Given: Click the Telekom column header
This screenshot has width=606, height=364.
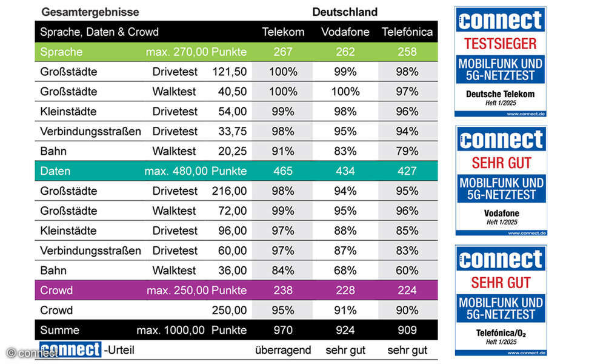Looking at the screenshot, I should (283, 32).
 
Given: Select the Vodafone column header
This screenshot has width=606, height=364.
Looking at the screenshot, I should (345, 32).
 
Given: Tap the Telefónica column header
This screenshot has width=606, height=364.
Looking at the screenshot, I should (407, 32).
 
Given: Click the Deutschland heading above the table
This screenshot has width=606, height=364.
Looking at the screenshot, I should (345, 12).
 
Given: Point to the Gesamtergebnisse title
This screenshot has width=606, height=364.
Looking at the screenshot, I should (90, 12).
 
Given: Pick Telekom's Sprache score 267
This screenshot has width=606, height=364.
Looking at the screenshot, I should (283, 52).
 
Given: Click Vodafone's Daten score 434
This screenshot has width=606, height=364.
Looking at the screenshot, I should (345, 171).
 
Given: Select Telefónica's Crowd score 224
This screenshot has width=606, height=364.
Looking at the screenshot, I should (407, 291).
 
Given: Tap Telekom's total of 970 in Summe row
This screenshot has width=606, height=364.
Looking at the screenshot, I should (283, 330).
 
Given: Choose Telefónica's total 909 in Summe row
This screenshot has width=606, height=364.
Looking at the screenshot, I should (407, 330).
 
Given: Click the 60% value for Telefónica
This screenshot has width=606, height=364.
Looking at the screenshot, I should (407, 271).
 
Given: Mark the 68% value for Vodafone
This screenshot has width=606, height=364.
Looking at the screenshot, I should (345, 271).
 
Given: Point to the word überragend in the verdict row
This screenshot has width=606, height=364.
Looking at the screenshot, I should (283, 350).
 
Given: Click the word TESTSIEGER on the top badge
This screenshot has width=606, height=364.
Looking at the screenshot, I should (501, 44).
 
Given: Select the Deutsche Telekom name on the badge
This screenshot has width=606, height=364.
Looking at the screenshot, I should (501, 94).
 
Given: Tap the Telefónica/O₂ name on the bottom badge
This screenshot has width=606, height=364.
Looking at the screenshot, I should (501, 333).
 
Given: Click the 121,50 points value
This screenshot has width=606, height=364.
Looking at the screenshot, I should (230, 72).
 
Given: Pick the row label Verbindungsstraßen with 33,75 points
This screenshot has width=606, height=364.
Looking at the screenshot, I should (90, 132).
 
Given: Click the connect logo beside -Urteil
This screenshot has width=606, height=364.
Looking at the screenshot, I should (70, 349).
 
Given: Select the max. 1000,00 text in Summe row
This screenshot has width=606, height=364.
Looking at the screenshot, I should (171, 330).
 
